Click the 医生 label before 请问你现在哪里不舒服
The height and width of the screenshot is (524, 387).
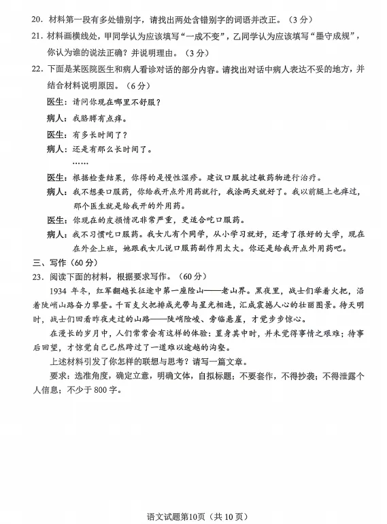(x=57, y=102)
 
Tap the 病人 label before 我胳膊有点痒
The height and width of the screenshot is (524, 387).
(x=57, y=118)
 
